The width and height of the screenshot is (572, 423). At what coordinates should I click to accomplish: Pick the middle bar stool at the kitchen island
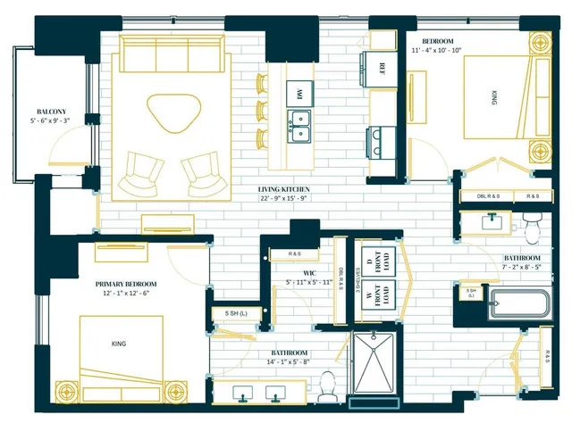263,111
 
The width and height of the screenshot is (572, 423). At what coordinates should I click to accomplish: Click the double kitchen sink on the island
299,126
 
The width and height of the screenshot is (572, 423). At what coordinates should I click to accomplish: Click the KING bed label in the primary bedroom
119,343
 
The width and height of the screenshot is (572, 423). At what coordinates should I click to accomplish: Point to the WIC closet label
308,271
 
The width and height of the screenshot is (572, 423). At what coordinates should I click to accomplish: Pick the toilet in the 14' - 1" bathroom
327,385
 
